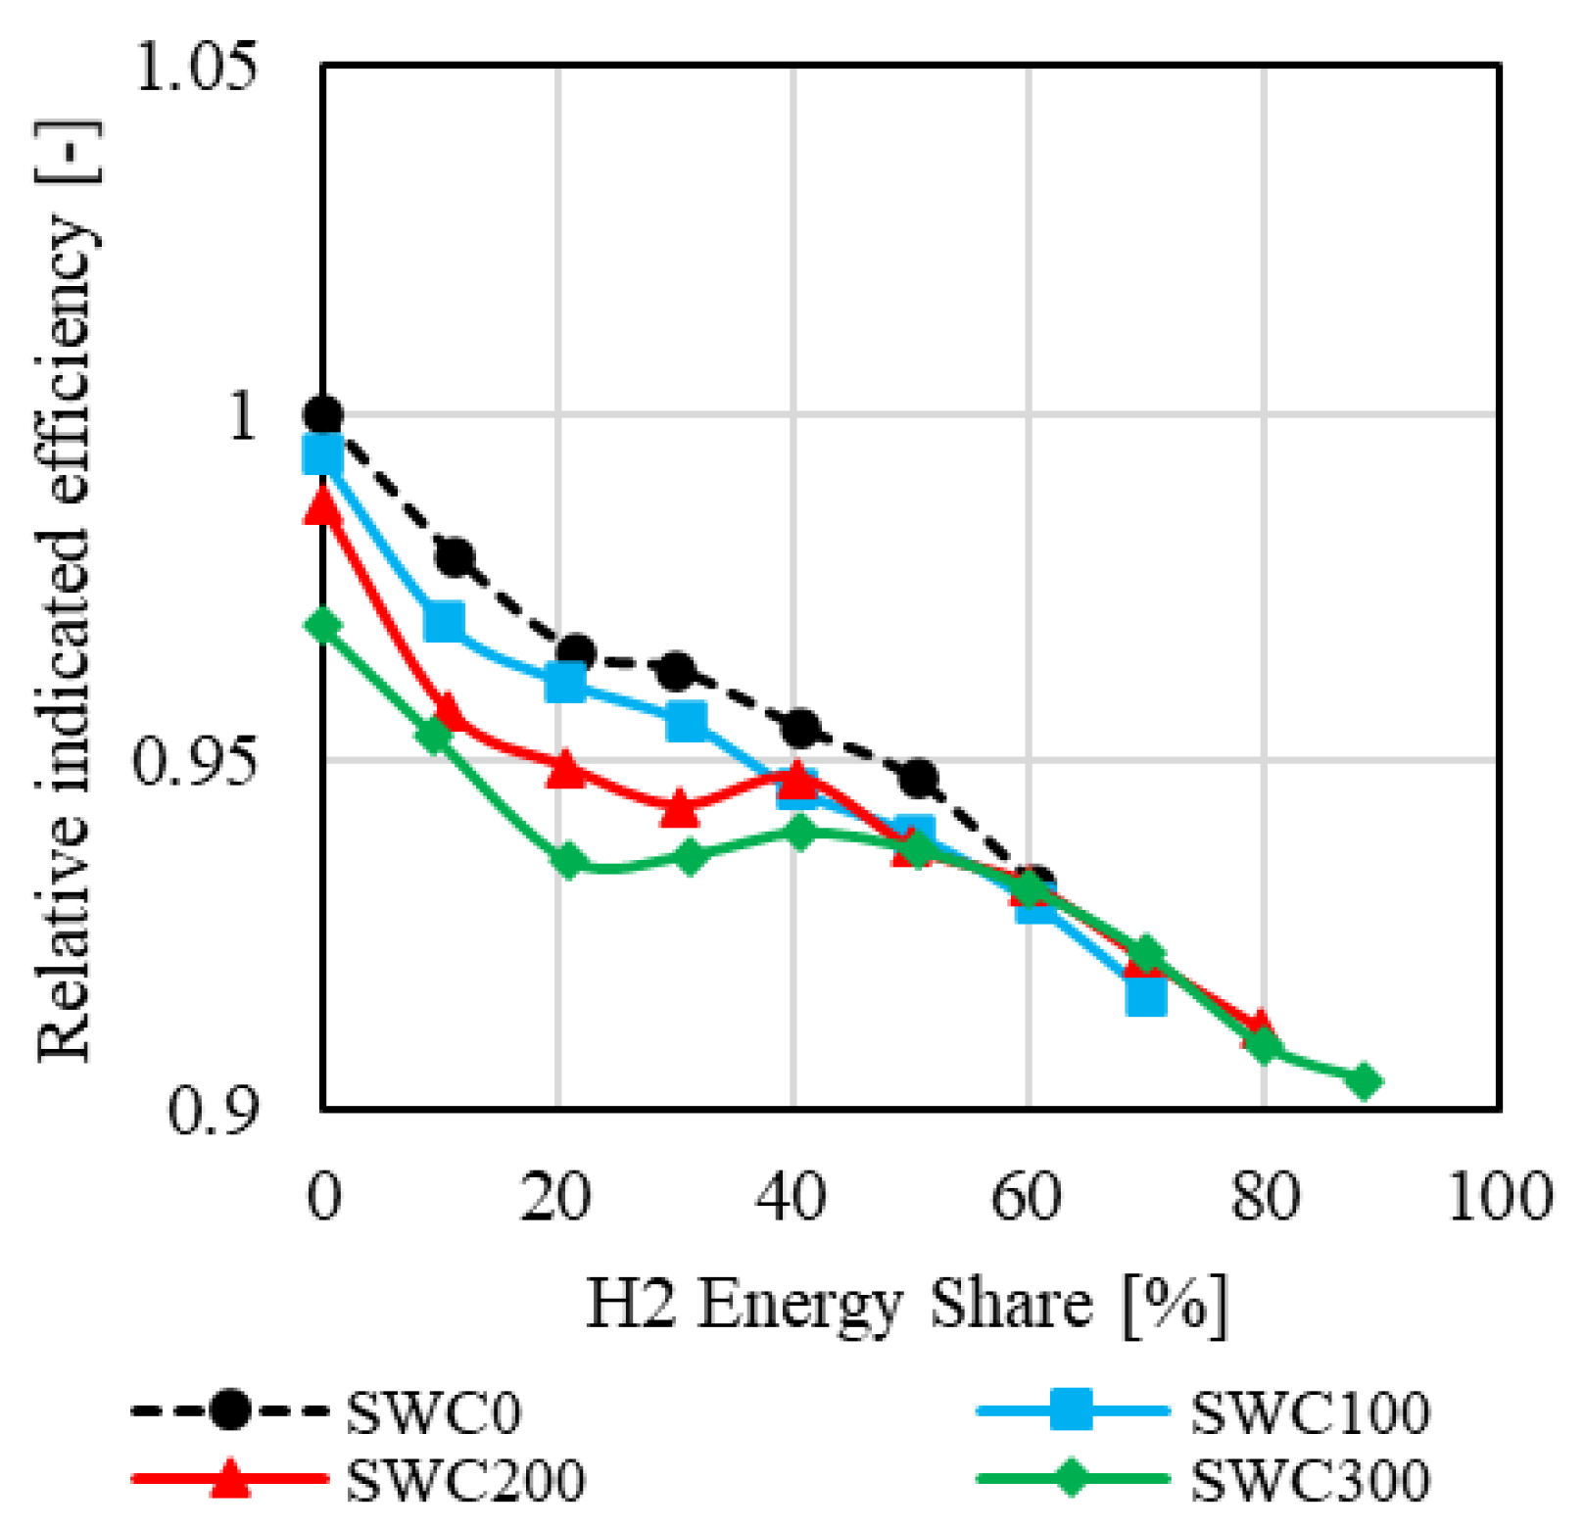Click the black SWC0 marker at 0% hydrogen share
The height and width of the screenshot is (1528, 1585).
[323, 415]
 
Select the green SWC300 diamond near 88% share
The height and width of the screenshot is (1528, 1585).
[1363, 1081]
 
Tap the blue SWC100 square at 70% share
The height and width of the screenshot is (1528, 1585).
[1146, 995]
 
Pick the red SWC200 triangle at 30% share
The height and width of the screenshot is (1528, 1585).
[679, 809]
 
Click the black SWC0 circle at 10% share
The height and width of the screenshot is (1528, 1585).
[455, 557]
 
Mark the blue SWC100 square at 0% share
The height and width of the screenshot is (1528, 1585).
[323, 454]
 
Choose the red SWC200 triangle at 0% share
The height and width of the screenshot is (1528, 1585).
[323, 505]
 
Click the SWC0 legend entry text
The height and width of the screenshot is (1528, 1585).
[433, 1412]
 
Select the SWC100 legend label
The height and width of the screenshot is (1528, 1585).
[1309, 1412]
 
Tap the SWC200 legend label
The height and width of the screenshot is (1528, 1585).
[466, 1479]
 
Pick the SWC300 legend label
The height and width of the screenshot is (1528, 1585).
[1309, 1479]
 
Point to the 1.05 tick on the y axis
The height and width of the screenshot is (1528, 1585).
[196, 69]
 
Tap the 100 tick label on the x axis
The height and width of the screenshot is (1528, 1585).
[1499, 1197]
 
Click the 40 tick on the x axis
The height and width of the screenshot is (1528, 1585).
[792, 1197]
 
